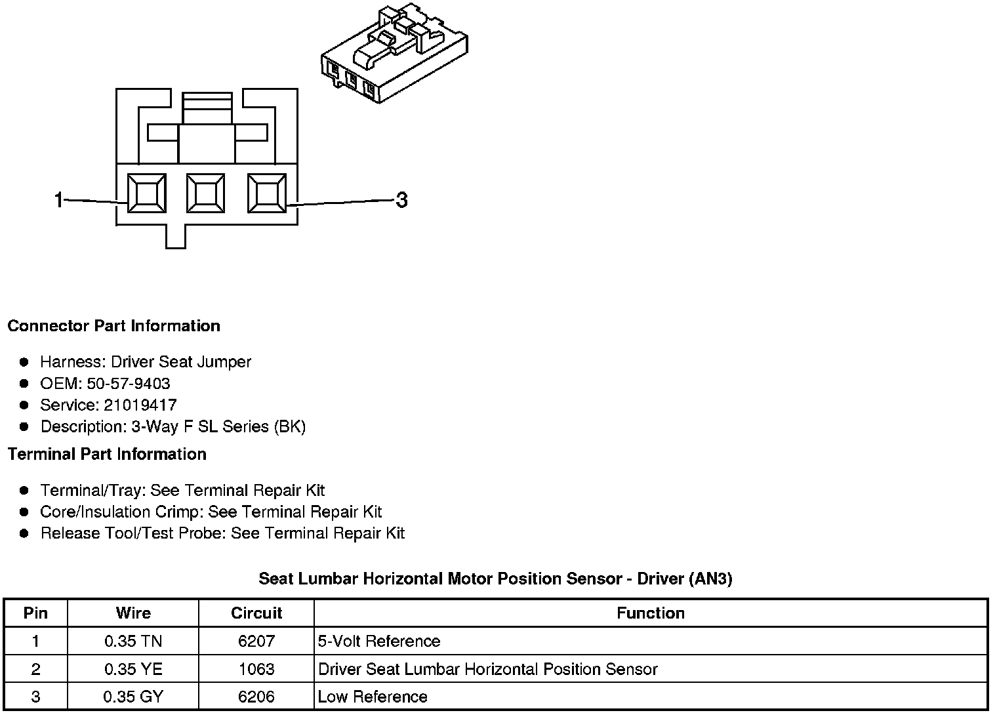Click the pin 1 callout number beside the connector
tap(58, 199)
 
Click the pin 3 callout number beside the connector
tap(401, 199)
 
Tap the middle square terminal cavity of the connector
tap(205, 194)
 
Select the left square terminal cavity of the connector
tap(146, 194)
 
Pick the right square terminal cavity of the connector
tap(266, 194)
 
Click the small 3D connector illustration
tap(395, 53)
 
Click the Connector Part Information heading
tap(113, 326)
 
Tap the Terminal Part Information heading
tap(107, 454)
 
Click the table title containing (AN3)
tap(495, 579)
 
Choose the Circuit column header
tap(256, 613)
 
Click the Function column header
tap(650, 613)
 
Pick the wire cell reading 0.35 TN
tap(133, 642)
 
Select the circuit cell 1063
tap(256, 669)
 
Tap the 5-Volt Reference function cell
tap(379, 642)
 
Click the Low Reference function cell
tap(373, 697)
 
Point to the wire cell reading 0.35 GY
tap(133, 697)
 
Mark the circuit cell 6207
tap(256, 642)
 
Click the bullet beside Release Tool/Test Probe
tap(24, 533)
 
